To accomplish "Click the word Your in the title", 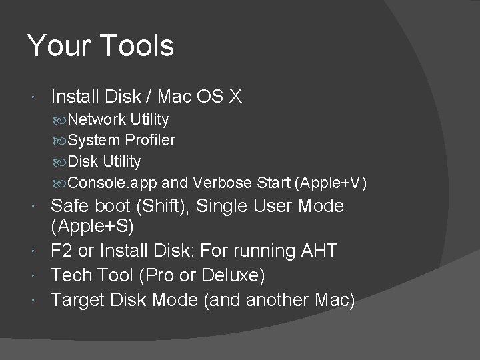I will tap(57, 46).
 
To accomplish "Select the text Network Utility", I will tap(118, 120).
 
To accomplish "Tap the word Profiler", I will tap(150, 141).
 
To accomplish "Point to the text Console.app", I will tap(101, 183).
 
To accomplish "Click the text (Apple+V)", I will tap(331, 183).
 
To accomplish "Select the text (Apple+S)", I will tap(93, 227).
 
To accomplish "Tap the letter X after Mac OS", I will tap(235, 97).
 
